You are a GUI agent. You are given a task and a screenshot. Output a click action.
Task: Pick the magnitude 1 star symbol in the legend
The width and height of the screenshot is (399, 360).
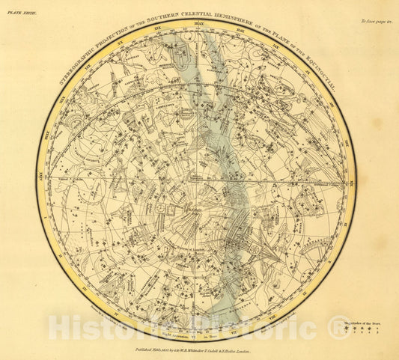(x=348, y=329)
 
